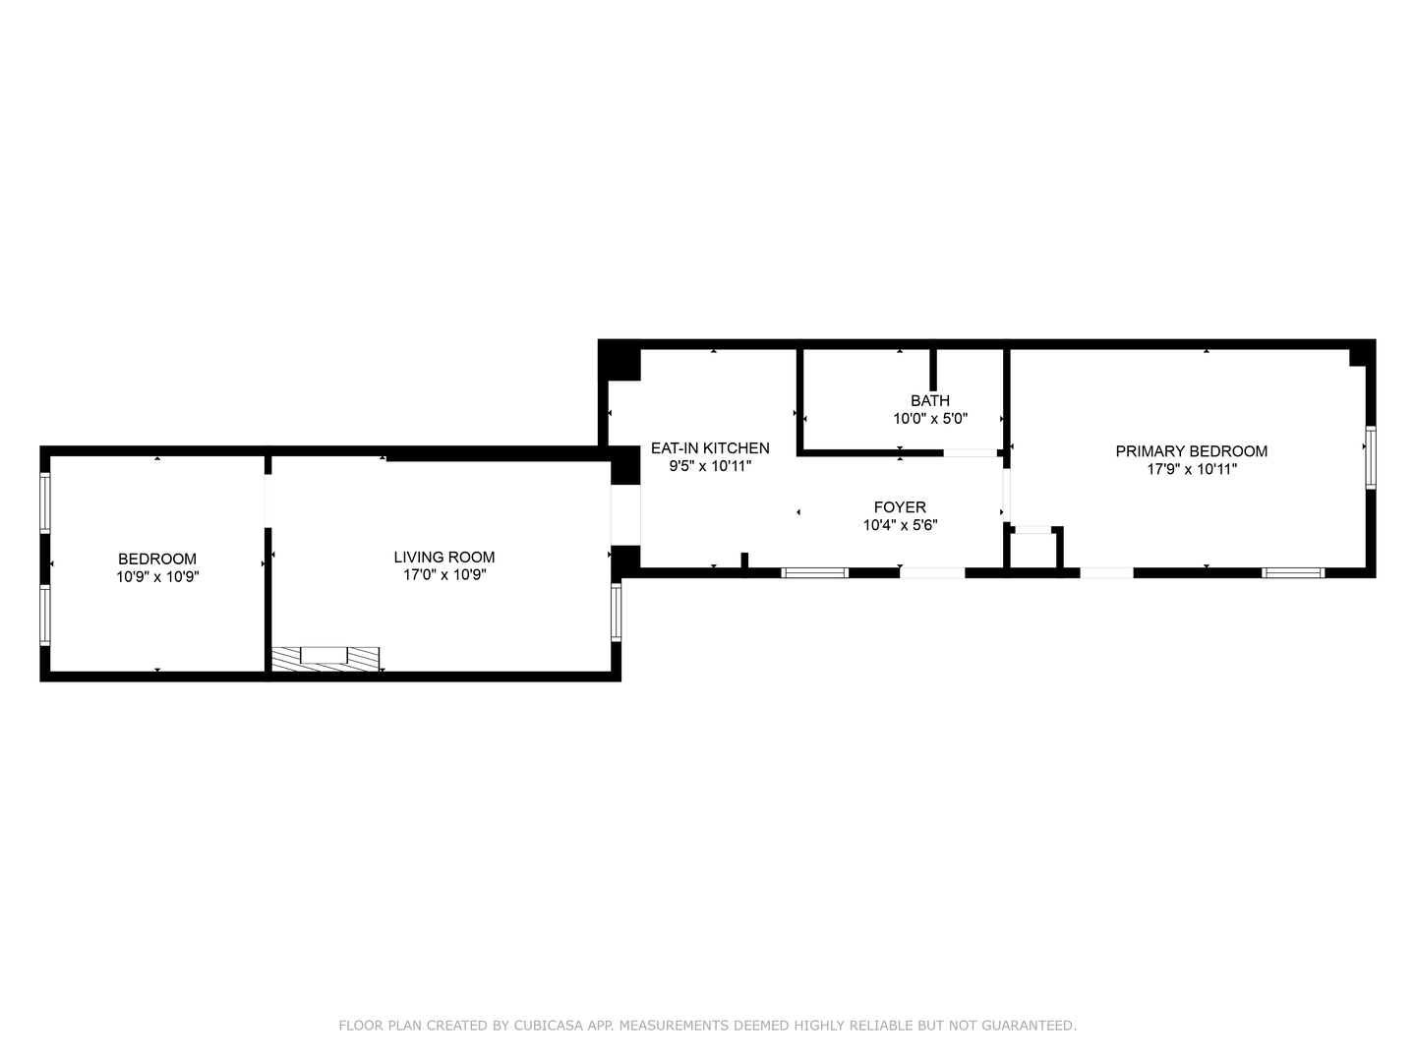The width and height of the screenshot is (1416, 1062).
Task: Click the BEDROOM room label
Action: [x=156, y=560]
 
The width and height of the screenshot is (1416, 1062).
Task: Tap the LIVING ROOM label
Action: [x=444, y=558]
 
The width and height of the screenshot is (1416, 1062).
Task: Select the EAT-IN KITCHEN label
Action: [x=710, y=448]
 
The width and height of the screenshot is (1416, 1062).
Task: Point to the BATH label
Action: [x=930, y=400]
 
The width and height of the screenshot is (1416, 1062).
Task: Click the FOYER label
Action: [x=900, y=506]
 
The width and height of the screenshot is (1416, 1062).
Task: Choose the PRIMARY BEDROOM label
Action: [x=1192, y=451]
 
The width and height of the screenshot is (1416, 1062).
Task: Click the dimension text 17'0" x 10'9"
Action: [x=444, y=575]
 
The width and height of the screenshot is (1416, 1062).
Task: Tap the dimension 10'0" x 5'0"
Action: [x=930, y=419]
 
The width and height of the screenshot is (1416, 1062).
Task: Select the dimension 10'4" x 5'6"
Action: [x=900, y=525]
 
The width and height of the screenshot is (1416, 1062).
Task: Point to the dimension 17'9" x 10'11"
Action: [x=1192, y=469]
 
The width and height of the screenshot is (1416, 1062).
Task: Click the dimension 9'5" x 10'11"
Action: [x=710, y=465]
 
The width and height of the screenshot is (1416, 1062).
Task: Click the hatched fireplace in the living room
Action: [x=325, y=659]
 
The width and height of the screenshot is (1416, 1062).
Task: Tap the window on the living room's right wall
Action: [x=617, y=612]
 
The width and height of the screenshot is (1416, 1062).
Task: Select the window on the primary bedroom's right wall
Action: [x=1371, y=457]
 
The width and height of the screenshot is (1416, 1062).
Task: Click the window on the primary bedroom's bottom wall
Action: [x=1293, y=572]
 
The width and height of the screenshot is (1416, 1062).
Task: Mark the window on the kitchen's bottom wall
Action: [x=815, y=572]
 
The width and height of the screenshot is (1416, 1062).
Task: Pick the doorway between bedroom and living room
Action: [x=267, y=501]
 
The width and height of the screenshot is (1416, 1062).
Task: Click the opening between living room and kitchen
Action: [x=625, y=514]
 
